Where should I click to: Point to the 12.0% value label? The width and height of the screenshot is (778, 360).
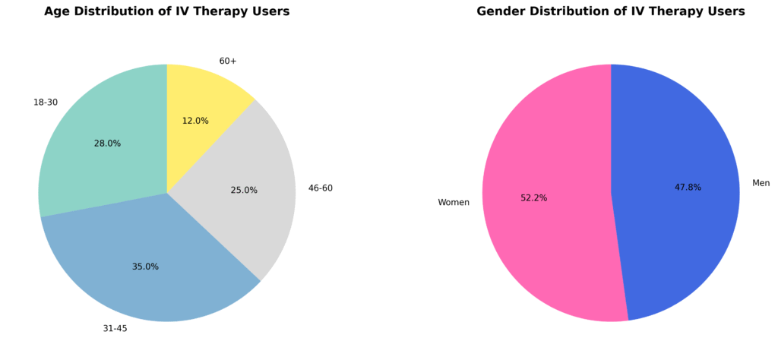coord(195,121)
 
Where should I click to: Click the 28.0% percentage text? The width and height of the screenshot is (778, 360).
coord(107,144)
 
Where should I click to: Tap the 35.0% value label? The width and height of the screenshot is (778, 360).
coord(145,267)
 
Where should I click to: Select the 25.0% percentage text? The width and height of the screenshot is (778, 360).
coord(244,191)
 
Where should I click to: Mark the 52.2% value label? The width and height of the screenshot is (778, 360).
coord(533,198)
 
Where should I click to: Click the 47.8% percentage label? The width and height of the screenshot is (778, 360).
coord(688,188)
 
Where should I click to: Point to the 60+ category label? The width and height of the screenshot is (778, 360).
coord(228,61)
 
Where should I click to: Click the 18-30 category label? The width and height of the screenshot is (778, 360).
coord(45,103)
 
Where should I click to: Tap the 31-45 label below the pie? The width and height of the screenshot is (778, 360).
coord(115,329)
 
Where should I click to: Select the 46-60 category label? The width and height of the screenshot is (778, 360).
coord(320,188)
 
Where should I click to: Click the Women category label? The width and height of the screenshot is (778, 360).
coord(454,203)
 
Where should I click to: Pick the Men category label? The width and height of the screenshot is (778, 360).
coord(761,183)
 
